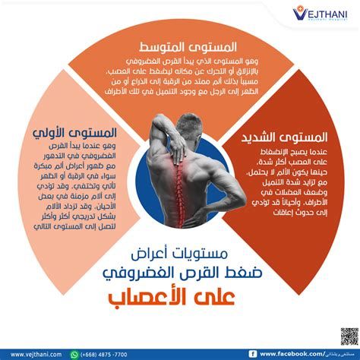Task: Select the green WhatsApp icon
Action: tap(74, 353)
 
